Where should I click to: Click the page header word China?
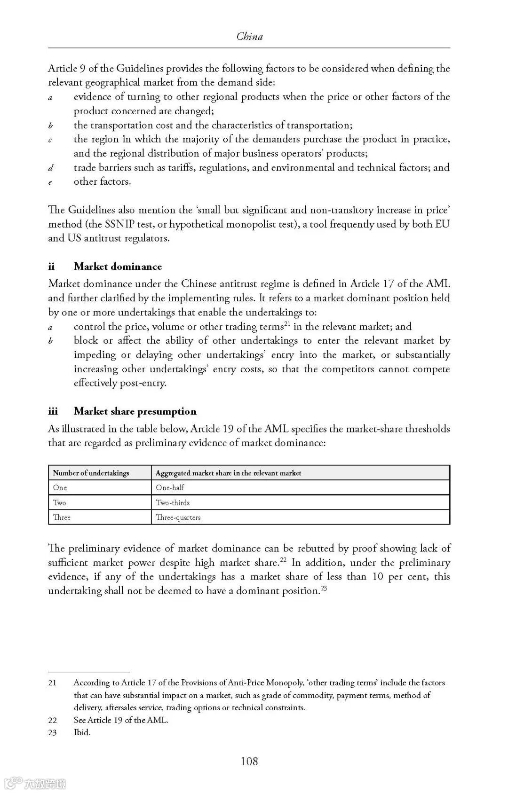[x=249, y=37]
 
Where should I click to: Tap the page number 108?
[x=249, y=761]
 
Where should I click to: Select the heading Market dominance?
[x=118, y=267]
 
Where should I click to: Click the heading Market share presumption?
[x=135, y=411]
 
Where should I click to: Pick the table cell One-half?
[x=170, y=488]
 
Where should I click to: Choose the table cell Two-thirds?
[x=173, y=502]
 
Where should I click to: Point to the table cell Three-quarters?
[x=178, y=518]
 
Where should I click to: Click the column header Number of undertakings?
[x=91, y=473]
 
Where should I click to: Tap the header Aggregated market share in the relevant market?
[x=228, y=473]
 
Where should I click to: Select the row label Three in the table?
[x=62, y=518]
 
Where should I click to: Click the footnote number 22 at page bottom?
[x=52, y=720]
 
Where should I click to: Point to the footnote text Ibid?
[x=82, y=732]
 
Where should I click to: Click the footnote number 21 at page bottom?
[x=52, y=683]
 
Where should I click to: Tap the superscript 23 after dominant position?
[x=324, y=588]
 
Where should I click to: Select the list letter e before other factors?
[x=50, y=182]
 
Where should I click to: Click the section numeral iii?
[x=53, y=411]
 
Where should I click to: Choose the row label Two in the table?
[x=59, y=502]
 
